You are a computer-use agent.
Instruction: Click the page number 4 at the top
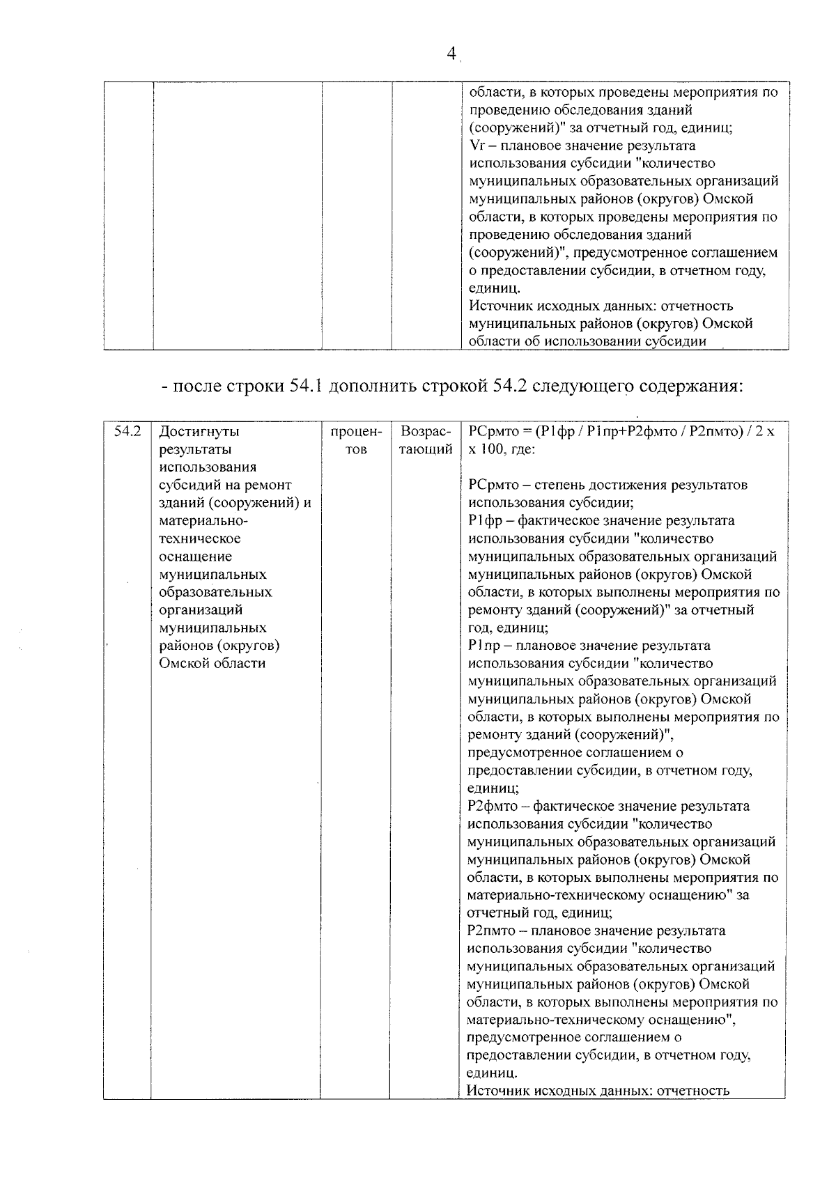pyautogui.click(x=451, y=54)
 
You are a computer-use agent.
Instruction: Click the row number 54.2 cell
pyautogui.click(x=127, y=431)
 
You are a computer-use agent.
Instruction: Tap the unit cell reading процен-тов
pyautogui.click(x=355, y=440)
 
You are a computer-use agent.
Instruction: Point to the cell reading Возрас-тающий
pyautogui.click(x=425, y=440)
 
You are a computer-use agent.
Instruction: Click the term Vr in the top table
pyautogui.click(x=477, y=146)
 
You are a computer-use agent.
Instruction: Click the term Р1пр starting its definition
pyautogui.click(x=481, y=646)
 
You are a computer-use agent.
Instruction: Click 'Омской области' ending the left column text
pyautogui.click(x=212, y=664)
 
